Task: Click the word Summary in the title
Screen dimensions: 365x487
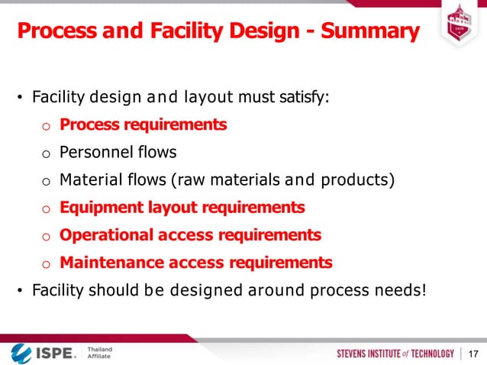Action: (370, 32)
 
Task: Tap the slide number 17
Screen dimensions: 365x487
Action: (473, 353)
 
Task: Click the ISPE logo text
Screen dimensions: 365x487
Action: (53, 353)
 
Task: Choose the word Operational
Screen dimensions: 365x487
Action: (105, 235)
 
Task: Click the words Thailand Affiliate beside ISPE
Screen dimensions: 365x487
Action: (98, 353)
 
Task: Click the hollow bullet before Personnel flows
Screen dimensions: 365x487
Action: (45, 153)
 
